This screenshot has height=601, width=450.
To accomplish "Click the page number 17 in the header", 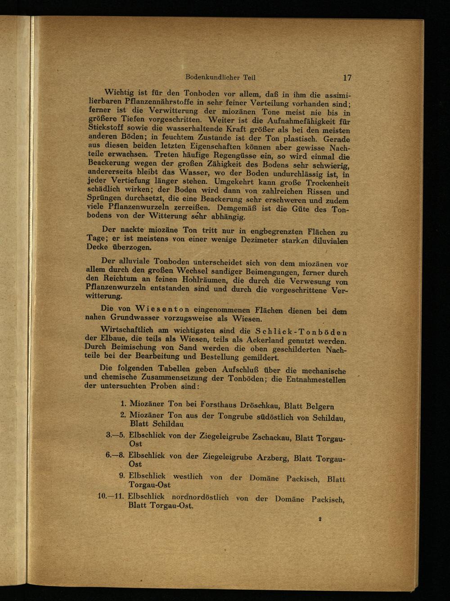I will [346, 78].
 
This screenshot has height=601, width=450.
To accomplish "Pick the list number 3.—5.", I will [115, 435].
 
